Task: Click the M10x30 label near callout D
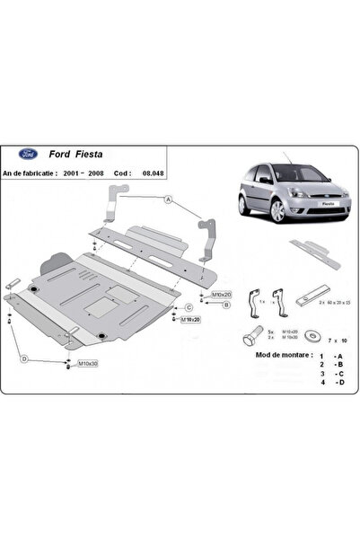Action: [87, 363]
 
